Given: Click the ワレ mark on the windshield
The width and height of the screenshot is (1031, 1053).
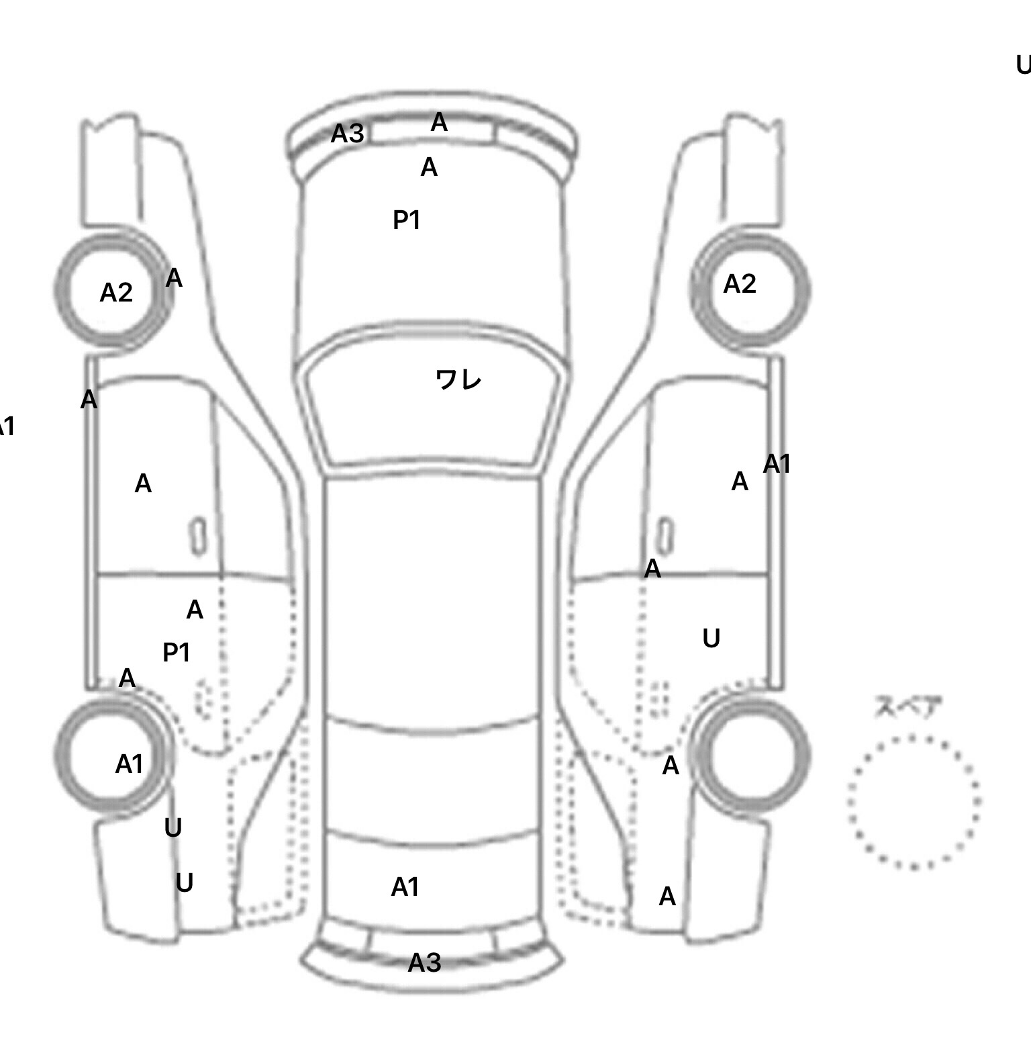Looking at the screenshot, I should [x=458, y=380].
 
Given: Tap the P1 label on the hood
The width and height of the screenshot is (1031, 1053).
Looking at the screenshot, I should [x=406, y=220].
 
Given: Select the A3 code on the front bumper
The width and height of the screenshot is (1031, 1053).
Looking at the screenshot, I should [x=347, y=134].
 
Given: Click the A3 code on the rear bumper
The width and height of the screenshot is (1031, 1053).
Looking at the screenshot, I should [x=424, y=962].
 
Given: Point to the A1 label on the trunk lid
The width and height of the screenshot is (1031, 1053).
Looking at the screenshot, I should [x=405, y=887].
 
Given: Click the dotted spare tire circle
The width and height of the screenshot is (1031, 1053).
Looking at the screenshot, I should [x=914, y=802].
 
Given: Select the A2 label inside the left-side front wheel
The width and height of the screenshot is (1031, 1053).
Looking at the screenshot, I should [x=116, y=293].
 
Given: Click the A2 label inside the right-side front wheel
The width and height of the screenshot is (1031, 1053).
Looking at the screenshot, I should [x=740, y=284].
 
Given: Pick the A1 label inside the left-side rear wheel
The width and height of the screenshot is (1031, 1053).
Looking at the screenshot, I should [x=129, y=764].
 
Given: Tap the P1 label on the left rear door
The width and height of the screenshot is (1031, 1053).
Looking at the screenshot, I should [x=177, y=652].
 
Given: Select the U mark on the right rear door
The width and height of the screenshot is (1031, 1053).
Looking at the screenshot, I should [x=711, y=638].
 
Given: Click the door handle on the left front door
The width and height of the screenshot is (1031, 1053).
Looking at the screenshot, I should [x=197, y=536].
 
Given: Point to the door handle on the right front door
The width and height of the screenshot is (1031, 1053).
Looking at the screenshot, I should [x=665, y=536].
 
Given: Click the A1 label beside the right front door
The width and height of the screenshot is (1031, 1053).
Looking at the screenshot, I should [x=777, y=464].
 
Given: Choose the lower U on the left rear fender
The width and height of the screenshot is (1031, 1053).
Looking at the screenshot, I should [x=184, y=882].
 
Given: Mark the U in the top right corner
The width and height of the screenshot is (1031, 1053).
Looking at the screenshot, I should [x=1023, y=65].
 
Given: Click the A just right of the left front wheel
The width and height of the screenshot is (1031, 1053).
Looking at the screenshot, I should [x=174, y=277].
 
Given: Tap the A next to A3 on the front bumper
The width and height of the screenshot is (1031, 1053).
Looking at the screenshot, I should [x=438, y=122].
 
